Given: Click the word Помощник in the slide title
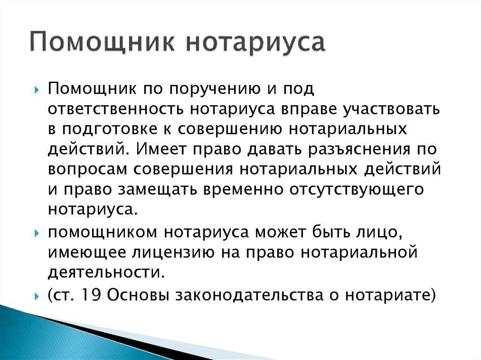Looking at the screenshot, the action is click(102, 42).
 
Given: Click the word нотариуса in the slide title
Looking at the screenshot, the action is click(256, 43).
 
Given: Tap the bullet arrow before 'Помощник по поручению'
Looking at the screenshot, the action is click(37, 91).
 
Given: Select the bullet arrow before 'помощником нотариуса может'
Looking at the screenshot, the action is click(37, 234).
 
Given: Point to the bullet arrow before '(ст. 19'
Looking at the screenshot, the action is click(37, 297).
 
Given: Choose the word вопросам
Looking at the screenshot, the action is click(87, 169).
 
